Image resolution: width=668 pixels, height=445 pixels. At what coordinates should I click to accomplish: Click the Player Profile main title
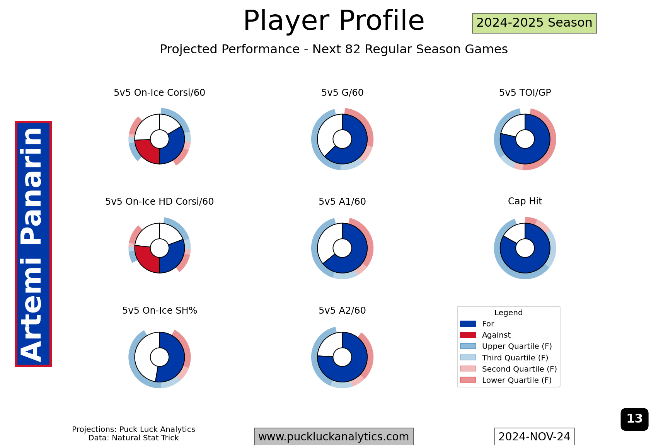[334, 20]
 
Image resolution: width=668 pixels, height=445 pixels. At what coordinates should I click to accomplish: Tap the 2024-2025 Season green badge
[534, 23]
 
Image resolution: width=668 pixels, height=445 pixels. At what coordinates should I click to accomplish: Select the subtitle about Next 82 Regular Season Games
[334, 49]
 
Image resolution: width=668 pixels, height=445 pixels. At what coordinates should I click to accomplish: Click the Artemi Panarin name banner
[33, 244]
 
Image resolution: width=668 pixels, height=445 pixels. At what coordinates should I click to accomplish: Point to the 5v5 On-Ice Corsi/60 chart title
[159, 93]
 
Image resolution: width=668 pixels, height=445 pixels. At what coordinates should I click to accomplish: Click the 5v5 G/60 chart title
[342, 93]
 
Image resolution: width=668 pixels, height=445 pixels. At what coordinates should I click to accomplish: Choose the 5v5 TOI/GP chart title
[525, 93]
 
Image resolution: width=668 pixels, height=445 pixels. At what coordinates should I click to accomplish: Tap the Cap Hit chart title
[525, 201]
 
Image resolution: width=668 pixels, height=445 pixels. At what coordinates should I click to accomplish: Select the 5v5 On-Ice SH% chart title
[159, 311]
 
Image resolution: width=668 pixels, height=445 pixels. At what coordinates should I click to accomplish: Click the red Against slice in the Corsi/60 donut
[148, 151]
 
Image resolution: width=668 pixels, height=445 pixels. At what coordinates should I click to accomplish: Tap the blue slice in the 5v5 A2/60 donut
[348, 369]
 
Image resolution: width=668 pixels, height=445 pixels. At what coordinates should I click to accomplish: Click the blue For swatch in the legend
[468, 324]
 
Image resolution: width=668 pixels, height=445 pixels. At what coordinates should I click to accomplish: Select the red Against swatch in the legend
[468, 335]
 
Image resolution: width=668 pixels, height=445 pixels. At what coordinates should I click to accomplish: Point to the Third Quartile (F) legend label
[515, 358]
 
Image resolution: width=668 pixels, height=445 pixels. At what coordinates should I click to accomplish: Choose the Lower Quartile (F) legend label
[517, 380]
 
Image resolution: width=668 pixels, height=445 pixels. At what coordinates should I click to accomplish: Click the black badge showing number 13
[634, 419]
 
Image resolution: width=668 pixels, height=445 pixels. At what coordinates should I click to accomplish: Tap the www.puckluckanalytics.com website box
[334, 437]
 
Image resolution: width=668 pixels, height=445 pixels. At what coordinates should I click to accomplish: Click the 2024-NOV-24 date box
[534, 437]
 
